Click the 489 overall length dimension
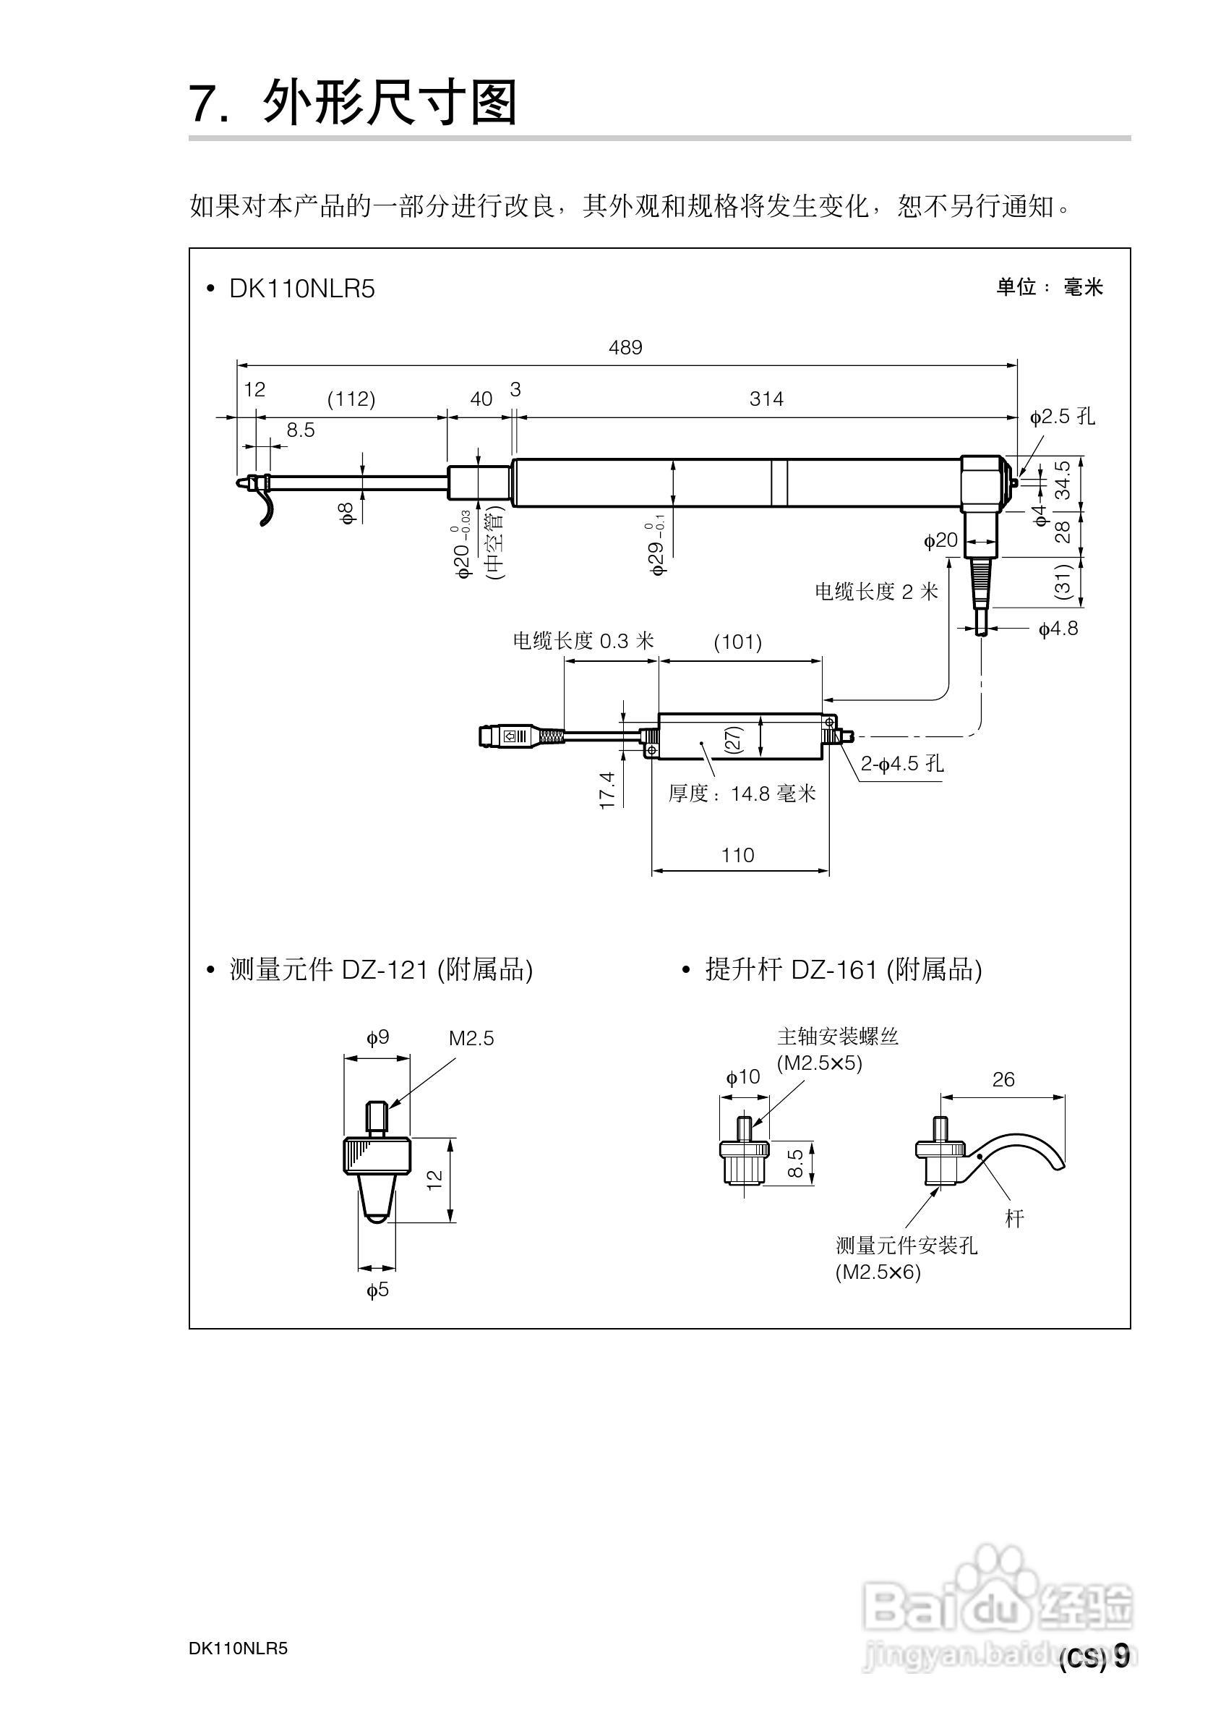[625, 347]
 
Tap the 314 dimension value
[766, 399]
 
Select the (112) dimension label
[351, 399]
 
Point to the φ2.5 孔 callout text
[1061, 417]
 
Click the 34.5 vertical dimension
[1063, 481]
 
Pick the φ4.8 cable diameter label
[1058, 629]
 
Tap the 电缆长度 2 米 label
[876, 592]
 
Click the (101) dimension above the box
[737, 642]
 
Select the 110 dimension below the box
[737, 856]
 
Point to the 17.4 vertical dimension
[607, 790]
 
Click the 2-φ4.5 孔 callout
[901, 764]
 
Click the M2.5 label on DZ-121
[471, 1039]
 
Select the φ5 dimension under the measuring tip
[377, 1290]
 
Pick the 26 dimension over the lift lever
[1003, 1080]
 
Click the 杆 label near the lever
[1014, 1219]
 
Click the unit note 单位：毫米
[1049, 287]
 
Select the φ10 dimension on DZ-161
[742, 1078]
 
